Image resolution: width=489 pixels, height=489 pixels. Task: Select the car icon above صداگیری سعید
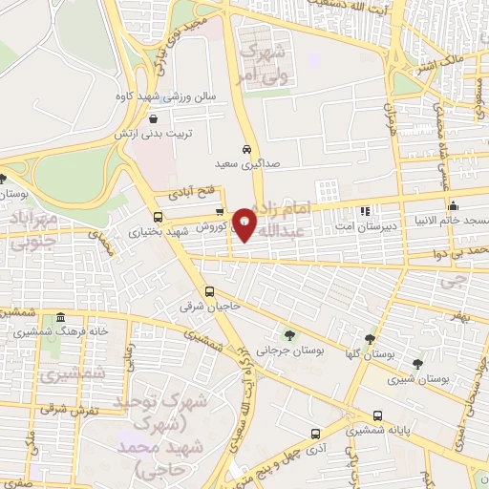[x=246, y=150]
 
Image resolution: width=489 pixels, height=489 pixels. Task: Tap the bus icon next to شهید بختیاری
[x=159, y=217]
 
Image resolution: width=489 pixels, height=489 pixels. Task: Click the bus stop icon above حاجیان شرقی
[x=209, y=292]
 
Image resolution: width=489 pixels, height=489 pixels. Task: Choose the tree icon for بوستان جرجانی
[x=288, y=334]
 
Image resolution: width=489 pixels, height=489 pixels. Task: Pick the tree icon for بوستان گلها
[x=370, y=338]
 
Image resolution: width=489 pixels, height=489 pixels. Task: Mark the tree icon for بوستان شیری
[x=416, y=363]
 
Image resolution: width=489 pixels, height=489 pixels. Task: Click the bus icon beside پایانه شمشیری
[x=379, y=415]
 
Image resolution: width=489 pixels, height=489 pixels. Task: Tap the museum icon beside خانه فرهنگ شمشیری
[x=61, y=318]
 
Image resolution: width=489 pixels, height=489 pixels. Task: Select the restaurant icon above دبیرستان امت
[x=364, y=211]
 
